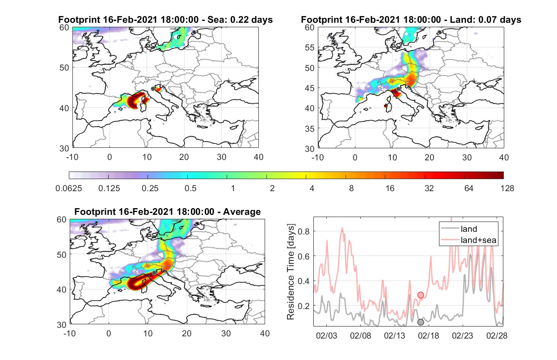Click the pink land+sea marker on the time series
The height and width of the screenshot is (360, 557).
click(x=421, y=295)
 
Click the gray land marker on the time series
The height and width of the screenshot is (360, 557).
click(x=421, y=322)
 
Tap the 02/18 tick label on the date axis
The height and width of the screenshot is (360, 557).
click(x=428, y=335)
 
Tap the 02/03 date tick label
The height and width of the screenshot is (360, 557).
click(x=326, y=335)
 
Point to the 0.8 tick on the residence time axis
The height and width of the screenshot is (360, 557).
click(x=304, y=231)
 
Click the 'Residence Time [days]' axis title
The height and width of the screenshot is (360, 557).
click(x=291, y=272)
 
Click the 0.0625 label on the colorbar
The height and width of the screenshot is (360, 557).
click(x=69, y=188)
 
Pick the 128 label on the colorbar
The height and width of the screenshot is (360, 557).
click(x=507, y=188)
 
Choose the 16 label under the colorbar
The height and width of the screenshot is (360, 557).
click(x=390, y=188)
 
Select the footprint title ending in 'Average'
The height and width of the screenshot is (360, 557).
click(x=167, y=212)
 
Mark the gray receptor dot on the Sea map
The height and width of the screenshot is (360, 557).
click(x=153, y=89)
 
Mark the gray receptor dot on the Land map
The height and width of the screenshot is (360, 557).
click(x=398, y=89)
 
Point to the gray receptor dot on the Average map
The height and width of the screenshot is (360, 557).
click(x=154, y=273)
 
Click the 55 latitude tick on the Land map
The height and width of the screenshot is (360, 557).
click(x=310, y=47)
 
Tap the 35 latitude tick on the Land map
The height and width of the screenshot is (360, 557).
click(x=310, y=129)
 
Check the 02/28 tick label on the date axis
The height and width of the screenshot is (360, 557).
click(x=497, y=335)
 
